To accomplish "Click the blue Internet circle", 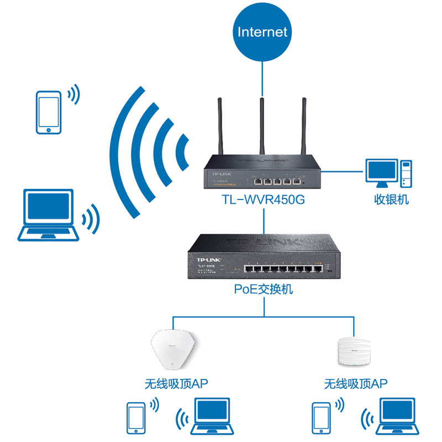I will [262, 31].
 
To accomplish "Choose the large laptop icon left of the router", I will [49, 214].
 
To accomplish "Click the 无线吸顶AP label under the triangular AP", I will [176, 383].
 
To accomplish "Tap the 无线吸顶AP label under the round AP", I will [356, 383].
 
